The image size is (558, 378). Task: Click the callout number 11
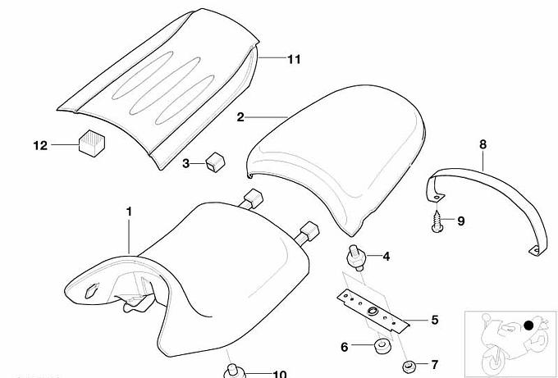coord(294,59)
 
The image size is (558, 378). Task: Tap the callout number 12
coord(40,145)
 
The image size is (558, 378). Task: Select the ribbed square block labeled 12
coord(92,143)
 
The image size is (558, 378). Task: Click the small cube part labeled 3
coord(215,162)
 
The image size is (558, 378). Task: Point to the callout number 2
coord(241,117)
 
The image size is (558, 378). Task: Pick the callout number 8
coord(483,144)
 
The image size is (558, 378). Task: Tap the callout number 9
coord(461,221)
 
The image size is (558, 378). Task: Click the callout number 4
coord(386,256)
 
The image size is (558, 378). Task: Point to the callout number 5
coord(435,320)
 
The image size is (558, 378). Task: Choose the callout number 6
coord(344,347)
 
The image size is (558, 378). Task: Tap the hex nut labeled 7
coord(408,367)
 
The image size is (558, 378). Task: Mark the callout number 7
coord(435,365)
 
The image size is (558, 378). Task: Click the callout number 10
coord(279,374)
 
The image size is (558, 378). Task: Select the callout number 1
coord(129,212)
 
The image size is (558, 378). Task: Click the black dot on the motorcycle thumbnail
coord(529,325)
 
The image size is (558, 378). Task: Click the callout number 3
coord(186,164)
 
